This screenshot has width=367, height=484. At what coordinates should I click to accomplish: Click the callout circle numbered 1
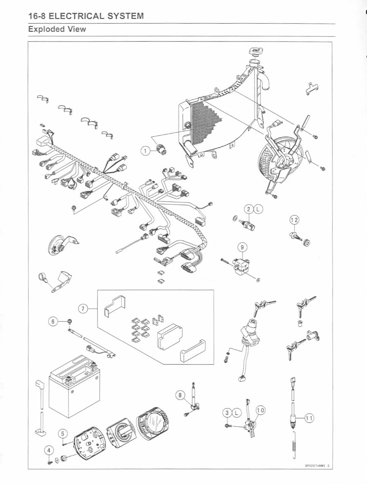144,151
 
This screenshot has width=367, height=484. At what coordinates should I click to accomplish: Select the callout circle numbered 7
83,308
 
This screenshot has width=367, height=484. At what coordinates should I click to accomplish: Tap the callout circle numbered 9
242,247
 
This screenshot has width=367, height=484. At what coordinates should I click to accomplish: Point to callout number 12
294,220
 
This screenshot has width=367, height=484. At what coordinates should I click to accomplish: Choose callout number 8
180,394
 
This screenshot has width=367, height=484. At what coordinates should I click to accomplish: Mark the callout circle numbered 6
52,321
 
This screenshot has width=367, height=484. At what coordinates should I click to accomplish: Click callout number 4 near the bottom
49,451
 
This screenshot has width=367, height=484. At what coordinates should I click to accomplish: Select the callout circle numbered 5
62,433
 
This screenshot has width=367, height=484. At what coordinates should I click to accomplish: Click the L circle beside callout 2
258,210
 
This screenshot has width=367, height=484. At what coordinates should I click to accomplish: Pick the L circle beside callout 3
236,413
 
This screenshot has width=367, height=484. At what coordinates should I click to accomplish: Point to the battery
73,387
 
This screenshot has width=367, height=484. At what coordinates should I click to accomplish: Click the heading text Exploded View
57,30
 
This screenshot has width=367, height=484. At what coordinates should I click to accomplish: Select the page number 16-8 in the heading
37,16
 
